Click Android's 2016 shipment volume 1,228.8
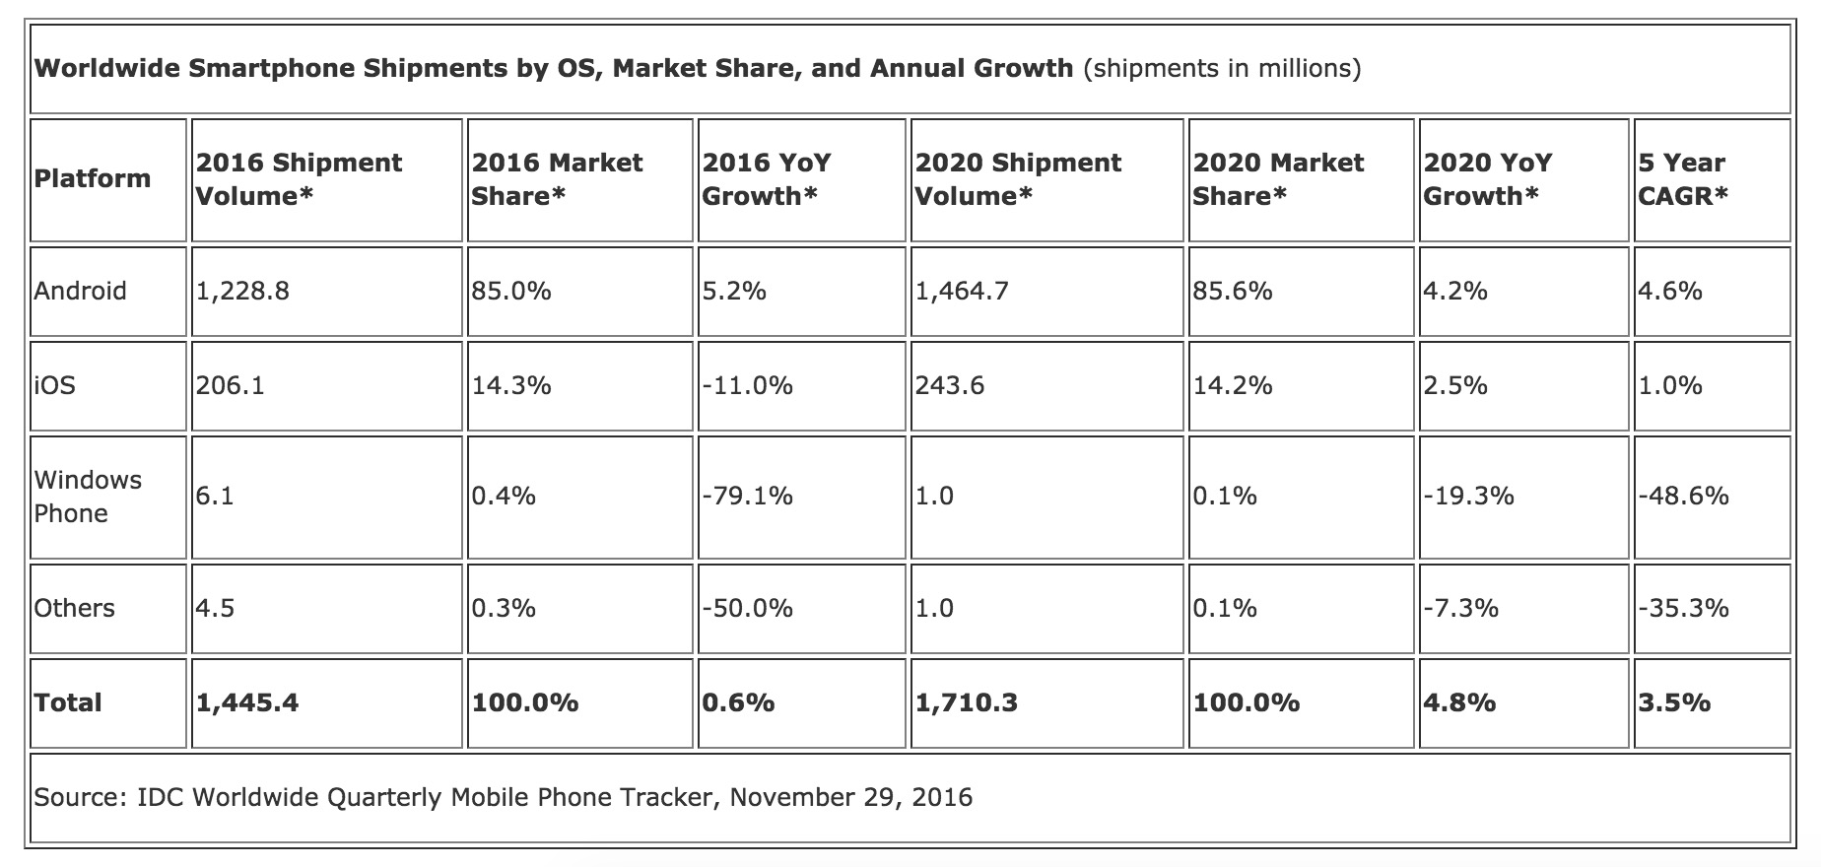click(242, 291)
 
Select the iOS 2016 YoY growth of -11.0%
click(747, 385)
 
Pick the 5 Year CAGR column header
click(1683, 179)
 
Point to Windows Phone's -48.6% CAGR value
click(1683, 496)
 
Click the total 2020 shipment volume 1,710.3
click(966, 702)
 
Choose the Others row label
click(74, 608)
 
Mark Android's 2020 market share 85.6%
click(1232, 291)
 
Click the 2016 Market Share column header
click(557, 179)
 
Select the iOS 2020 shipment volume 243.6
click(950, 385)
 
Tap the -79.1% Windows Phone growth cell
click(747, 496)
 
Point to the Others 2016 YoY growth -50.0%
click(747, 608)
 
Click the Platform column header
click(93, 178)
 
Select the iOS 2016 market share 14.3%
click(511, 385)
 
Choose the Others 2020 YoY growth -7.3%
click(1460, 608)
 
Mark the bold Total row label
click(68, 702)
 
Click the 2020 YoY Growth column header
click(1488, 179)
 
